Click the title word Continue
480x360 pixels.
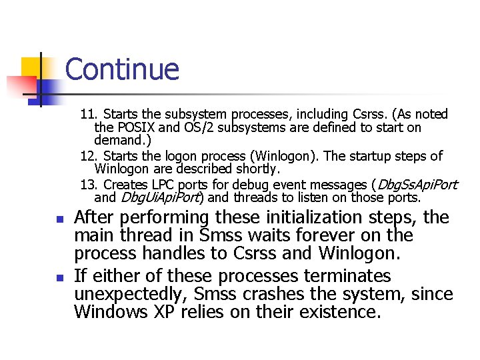[x=122, y=69]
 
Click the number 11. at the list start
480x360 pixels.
[x=91, y=115]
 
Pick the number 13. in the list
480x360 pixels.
[x=90, y=185]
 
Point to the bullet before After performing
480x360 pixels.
[x=59, y=219]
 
